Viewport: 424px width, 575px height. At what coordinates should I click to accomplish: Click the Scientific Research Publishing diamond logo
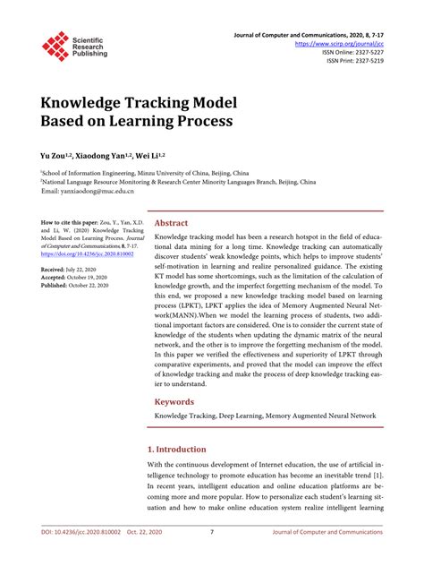pos(55,46)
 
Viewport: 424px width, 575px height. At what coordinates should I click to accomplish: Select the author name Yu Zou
pos(54,154)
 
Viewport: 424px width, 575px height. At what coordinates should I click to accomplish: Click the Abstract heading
pos(172,223)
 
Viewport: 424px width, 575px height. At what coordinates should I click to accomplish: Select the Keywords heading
pos(175,402)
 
